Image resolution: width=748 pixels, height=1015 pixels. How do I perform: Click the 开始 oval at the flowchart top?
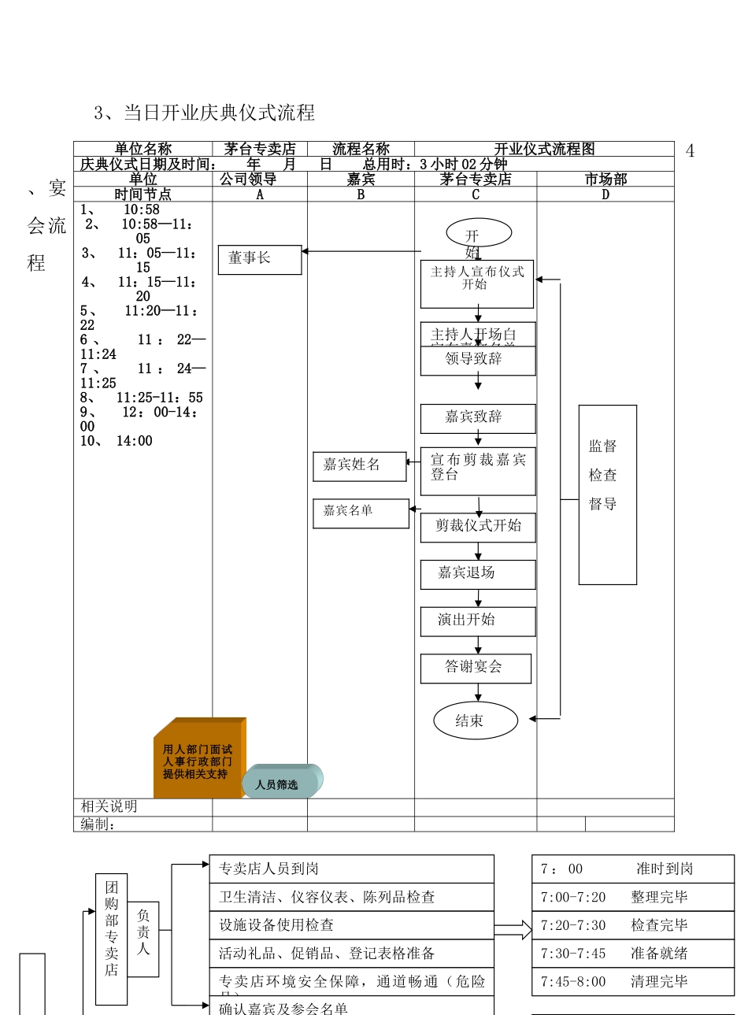(479, 233)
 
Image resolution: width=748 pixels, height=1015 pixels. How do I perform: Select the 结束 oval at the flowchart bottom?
(476, 721)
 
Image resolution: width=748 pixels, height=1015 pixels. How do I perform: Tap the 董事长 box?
(259, 259)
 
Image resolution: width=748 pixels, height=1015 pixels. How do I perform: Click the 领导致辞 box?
(478, 361)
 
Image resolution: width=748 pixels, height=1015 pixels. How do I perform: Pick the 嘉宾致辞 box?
(478, 418)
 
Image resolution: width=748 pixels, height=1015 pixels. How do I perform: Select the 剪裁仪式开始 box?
(478, 527)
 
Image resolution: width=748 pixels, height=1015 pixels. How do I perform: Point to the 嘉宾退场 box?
(478, 574)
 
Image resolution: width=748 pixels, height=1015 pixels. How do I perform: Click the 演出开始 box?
(478, 620)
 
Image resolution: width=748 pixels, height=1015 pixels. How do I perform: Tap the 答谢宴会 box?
(476, 668)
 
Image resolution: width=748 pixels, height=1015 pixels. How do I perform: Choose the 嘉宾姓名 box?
(359, 466)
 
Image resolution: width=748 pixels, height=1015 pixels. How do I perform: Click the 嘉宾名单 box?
(361, 513)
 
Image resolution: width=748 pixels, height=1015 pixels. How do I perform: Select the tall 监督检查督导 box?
(607, 495)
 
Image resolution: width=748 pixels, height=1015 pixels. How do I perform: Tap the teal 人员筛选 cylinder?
(282, 782)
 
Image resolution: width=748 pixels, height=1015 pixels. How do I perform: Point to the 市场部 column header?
(605, 180)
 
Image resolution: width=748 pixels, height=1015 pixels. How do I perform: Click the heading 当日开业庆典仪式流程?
(205, 113)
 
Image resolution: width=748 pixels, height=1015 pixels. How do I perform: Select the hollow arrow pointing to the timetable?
(513, 930)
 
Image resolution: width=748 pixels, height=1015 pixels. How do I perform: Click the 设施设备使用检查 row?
(351, 925)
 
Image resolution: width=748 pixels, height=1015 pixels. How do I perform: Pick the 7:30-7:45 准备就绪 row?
(632, 954)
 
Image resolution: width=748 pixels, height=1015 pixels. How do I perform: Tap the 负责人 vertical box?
(143, 939)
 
